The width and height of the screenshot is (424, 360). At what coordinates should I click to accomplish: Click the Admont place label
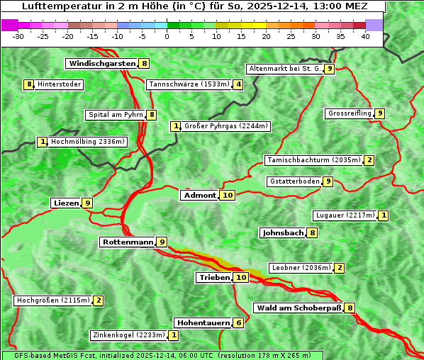[x=199, y=195]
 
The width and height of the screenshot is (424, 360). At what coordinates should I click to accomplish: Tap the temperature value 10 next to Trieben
[x=241, y=278]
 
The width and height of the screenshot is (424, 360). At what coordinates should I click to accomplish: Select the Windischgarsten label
[x=101, y=63]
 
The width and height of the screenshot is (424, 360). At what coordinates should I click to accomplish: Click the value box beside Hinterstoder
[x=29, y=84]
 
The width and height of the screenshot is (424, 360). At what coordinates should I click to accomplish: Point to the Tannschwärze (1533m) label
[x=189, y=84]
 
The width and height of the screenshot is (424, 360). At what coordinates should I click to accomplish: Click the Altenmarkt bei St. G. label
[x=284, y=69]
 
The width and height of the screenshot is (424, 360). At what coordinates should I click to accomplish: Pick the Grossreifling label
[x=350, y=113]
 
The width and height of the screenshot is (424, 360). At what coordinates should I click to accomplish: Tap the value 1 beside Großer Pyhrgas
[x=176, y=126]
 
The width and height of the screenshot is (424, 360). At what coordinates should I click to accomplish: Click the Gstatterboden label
[x=294, y=181]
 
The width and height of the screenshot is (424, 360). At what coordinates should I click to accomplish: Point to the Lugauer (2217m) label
[x=345, y=215]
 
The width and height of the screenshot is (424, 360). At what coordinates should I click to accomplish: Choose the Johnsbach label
[x=283, y=232]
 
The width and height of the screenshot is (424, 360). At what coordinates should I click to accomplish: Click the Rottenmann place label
[x=127, y=242]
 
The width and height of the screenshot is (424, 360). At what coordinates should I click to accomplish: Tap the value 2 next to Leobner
[x=340, y=268]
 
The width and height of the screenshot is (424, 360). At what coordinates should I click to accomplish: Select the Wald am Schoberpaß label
[x=298, y=308]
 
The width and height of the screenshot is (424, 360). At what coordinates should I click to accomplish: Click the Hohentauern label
[x=203, y=322]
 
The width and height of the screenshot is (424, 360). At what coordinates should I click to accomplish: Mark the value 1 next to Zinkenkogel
[x=174, y=335]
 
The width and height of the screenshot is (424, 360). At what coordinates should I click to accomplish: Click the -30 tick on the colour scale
[x=18, y=36]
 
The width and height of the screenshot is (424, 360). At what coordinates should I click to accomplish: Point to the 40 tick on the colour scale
[x=365, y=36]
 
